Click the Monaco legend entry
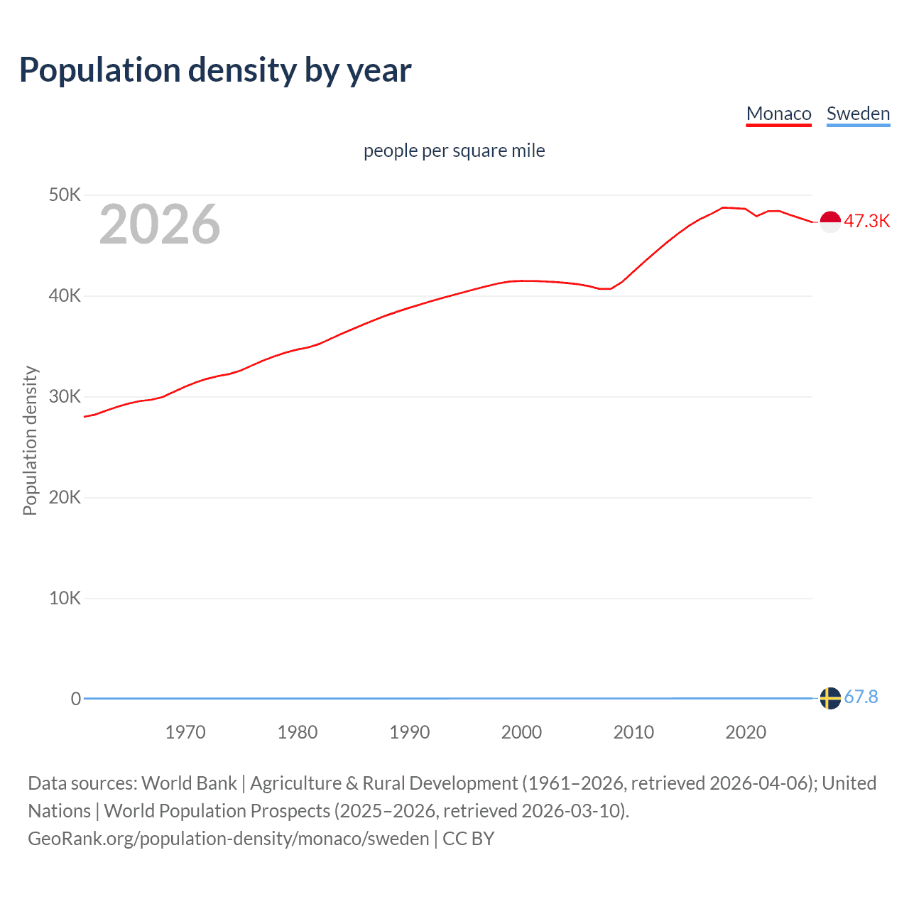pyautogui.click(x=778, y=114)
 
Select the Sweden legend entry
pyautogui.click(x=858, y=114)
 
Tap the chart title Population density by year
pyautogui.click(x=215, y=70)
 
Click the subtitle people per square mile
pyautogui.click(x=454, y=151)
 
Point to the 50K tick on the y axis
pyautogui.click(x=65, y=195)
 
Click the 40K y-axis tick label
pyautogui.click(x=65, y=295)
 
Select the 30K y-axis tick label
pyautogui.click(x=65, y=396)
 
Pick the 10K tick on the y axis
pyautogui.click(x=65, y=598)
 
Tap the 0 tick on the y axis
pyautogui.click(x=75, y=699)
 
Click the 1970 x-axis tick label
pyautogui.click(x=185, y=732)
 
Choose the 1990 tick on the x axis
pyautogui.click(x=410, y=732)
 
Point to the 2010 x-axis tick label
pyautogui.click(x=633, y=732)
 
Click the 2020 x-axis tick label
pyautogui.click(x=746, y=732)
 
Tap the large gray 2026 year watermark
pyautogui.click(x=160, y=224)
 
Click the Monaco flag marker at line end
pyautogui.click(x=830, y=222)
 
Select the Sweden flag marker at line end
pyautogui.click(x=830, y=698)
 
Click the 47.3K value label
pyautogui.click(x=866, y=221)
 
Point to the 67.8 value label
pyautogui.click(x=861, y=697)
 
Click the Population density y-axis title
pyautogui.click(x=30, y=440)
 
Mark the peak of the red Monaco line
pyautogui.click(x=723, y=207)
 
